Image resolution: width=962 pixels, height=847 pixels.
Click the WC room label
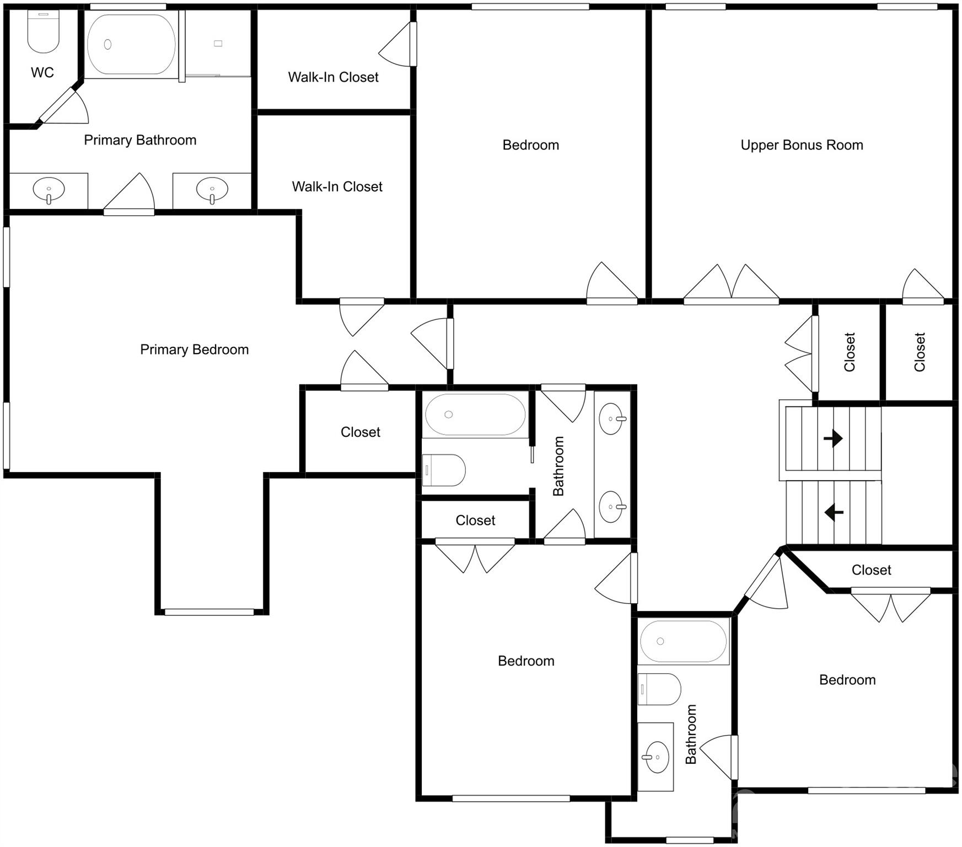pyautogui.click(x=42, y=72)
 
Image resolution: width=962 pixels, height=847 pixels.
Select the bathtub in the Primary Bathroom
pyautogui.click(x=131, y=44)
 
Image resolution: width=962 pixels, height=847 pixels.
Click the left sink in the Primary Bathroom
pyautogui.click(x=49, y=190)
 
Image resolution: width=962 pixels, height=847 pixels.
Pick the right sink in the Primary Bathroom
pyautogui.click(x=212, y=190)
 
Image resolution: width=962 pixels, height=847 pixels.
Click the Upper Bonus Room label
pyautogui.click(x=802, y=145)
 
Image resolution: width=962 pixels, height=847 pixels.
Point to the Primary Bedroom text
pyautogui.click(x=194, y=350)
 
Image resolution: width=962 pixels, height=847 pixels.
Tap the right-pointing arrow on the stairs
pyautogui.click(x=833, y=438)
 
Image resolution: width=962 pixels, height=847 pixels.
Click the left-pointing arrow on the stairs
pyautogui.click(x=834, y=512)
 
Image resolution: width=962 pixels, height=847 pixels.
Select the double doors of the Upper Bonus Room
pyautogui.click(x=731, y=284)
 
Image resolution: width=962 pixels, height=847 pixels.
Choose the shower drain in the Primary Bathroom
pyautogui.click(x=218, y=44)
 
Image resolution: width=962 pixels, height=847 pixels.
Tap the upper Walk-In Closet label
pyautogui.click(x=333, y=77)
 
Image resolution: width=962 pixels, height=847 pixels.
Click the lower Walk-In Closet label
pyautogui.click(x=337, y=187)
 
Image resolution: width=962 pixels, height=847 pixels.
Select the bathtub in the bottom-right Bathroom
pyautogui.click(x=683, y=641)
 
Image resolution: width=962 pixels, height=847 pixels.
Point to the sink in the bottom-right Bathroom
pyautogui.click(x=655, y=757)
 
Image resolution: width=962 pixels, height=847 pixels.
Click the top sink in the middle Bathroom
pyautogui.click(x=611, y=419)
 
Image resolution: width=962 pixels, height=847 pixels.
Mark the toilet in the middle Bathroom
pyautogui.click(x=444, y=470)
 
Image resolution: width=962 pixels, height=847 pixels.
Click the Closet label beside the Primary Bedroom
pyautogui.click(x=360, y=432)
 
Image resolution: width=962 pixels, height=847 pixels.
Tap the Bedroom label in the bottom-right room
pyautogui.click(x=847, y=680)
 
